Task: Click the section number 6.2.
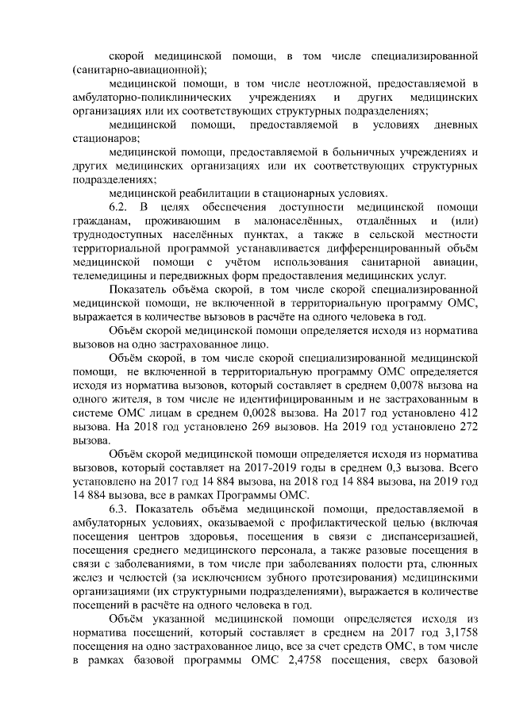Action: pyautogui.click(x=119, y=207)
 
